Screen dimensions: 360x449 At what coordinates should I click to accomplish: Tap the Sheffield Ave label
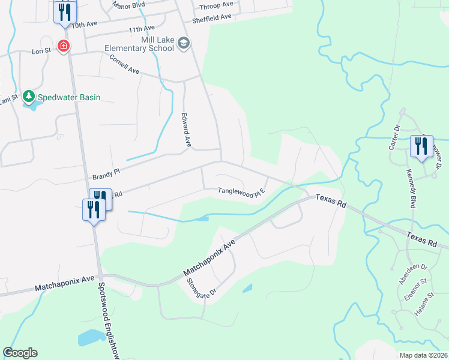point(212,18)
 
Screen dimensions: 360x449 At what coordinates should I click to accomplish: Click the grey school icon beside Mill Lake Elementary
point(184,43)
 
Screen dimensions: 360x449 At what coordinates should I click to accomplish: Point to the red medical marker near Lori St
point(62,46)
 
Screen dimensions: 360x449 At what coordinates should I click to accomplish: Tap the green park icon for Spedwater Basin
point(28,97)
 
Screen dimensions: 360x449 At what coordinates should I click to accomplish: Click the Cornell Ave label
point(124,65)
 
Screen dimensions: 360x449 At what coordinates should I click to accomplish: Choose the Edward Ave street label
point(187,130)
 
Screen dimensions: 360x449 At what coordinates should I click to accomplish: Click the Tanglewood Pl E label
point(241,193)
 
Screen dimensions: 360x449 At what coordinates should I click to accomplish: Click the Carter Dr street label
point(395,137)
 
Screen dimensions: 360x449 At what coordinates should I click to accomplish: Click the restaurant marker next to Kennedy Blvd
point(420,146)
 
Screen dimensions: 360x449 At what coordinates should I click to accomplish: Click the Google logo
point(20,353)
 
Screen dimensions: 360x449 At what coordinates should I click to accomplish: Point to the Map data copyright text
point(423,355)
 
